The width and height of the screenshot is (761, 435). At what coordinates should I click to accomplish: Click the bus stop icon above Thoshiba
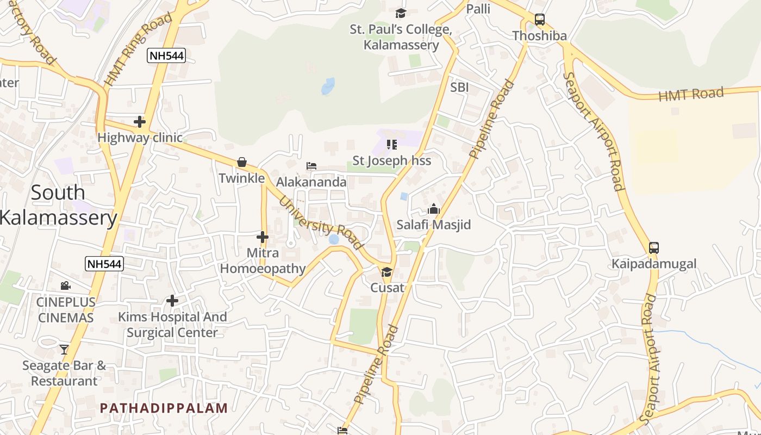(x=539, y=20)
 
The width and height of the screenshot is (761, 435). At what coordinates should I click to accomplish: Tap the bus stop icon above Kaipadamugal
(x=653, y=248)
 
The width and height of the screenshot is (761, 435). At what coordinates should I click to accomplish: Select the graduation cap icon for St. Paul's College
(x=401, y=13)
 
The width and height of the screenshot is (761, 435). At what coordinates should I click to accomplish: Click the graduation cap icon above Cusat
(x=386, y=271)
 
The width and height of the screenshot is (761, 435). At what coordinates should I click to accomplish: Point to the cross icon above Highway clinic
(x=140, y=122)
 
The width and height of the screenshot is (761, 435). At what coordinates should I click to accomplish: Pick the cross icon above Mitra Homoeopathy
(x=263, y=237)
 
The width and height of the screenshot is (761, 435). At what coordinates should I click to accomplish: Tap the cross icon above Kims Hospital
(x=172, y=301)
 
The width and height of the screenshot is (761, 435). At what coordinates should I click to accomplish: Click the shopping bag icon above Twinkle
(x=242, y=162)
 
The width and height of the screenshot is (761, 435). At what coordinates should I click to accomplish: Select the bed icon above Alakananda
(x=311, y=166)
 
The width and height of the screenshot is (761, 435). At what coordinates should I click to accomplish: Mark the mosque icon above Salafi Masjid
(x=433, y=209)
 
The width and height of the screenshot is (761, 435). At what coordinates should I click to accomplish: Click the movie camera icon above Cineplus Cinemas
(x=65, y=285)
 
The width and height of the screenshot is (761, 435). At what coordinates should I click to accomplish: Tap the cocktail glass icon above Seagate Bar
(x=64, y=349)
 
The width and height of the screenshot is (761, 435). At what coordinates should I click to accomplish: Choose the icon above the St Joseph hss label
(x=391, y=145)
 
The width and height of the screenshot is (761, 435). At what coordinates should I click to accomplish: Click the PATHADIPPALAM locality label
(x=164, y=408)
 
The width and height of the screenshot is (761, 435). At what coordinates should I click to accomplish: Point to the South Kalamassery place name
(x=58, y=205)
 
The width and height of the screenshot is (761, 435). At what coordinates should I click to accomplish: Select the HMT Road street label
(x=691, y=95)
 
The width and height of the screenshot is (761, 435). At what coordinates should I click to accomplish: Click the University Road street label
(x=320, y=223)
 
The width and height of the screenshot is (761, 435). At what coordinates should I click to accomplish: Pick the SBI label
(x=459, y=88)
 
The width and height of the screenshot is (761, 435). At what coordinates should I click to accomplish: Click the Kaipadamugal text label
(x=653, y=264)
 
